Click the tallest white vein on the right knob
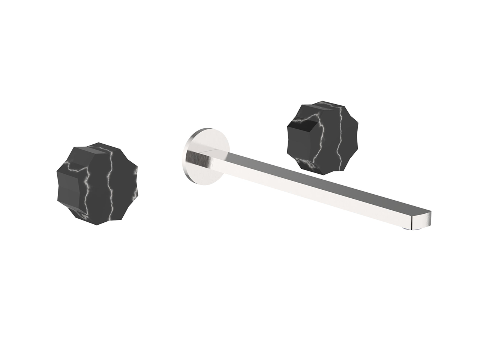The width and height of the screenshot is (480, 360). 339,135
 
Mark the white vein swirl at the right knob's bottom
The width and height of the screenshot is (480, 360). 307,163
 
